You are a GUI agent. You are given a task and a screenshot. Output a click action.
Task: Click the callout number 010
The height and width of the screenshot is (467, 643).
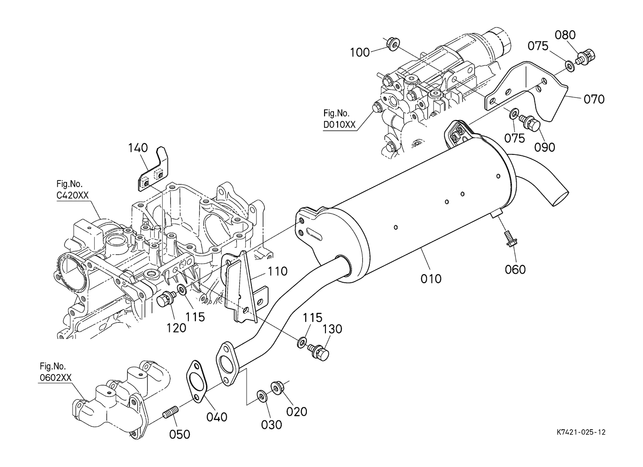pos(431,279)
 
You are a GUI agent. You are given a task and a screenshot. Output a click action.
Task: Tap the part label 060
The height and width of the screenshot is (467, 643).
pos(515,270)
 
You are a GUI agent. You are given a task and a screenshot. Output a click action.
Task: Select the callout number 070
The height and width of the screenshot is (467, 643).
pos(594,99)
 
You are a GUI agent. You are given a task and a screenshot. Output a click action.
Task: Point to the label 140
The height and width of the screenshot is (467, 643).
pos(138,148)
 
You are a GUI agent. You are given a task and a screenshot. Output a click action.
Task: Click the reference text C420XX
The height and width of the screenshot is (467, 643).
pos(73,195)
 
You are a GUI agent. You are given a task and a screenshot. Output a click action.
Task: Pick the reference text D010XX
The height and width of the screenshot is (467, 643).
pos(339,125)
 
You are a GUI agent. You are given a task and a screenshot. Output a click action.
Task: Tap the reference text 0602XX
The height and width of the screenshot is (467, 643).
pos(55,378)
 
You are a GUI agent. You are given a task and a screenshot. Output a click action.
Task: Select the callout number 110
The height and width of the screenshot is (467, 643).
pos(277,272)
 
